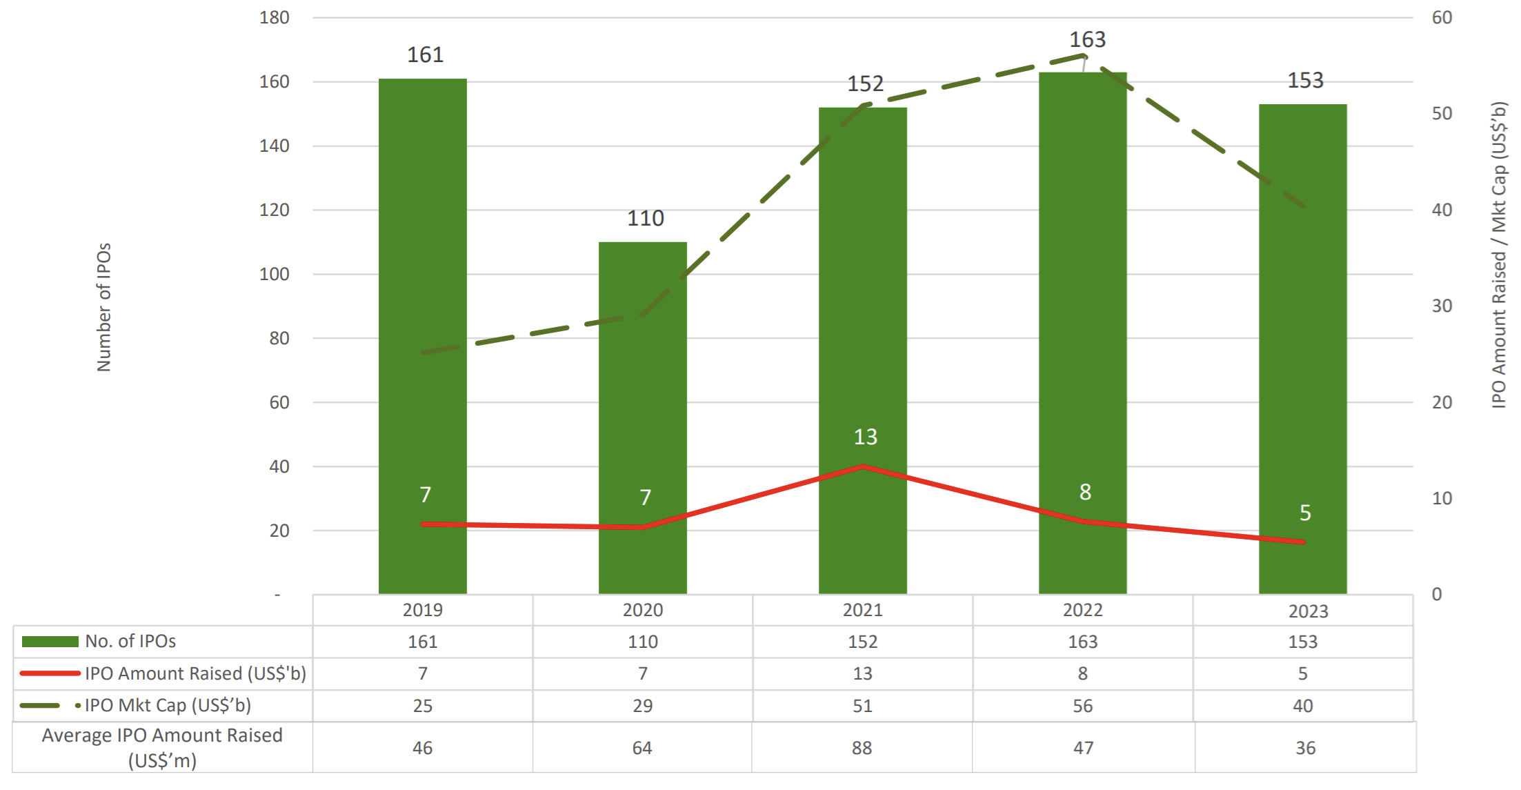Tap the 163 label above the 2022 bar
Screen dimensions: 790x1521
pyautogui.click(x=1087, y=40)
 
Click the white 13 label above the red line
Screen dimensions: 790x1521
pyautogui.click(x=865, y=437)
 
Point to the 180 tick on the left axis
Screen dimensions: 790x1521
pyautogui.click(x=274, y=18)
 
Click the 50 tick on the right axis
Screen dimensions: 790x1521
pyautogui.click(x=1442, y=114)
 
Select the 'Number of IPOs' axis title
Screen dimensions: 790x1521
pyautogui.click(x=103, y=307)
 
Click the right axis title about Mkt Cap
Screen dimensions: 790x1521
pyautogui.click(x=1498, y=255)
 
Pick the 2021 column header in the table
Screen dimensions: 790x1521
pyautogui.click(x=862, y=611)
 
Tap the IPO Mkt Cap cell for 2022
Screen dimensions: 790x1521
pyautogui.click(x=1082, y=706)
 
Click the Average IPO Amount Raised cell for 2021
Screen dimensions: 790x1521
pyautogui.click(x=862, y=748)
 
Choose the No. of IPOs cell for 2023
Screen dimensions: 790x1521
pyautogui.click(x=1302, y=642)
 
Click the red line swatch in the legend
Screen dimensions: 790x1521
pyautogui.click(x=50, y=673)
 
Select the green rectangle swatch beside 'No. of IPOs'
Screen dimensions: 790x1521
pyautogui.click(x=50, y=642)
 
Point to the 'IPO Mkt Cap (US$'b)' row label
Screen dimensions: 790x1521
pyautogui.click(x=168, y=705)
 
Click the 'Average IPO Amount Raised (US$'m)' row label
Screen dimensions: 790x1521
pyautogui.click(x=162, y=748)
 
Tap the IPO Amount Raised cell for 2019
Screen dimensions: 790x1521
pyautogui.click(x=422, y=673)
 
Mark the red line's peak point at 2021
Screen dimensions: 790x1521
pyautogui.click(x=863, y=467)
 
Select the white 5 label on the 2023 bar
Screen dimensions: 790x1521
pyautogui.click(x=1305, y=513)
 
